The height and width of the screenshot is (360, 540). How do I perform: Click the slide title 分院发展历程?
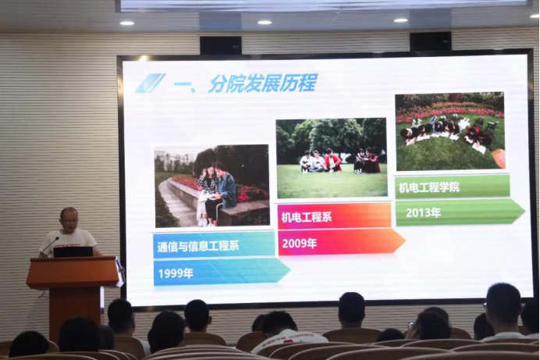click(262, 84)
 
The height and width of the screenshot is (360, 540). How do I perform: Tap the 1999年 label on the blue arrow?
click(176, 273)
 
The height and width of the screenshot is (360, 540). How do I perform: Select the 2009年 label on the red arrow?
click(300, 244)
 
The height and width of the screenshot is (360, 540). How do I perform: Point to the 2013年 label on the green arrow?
click(423, 212)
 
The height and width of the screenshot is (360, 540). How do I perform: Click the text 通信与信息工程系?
click(198, 246)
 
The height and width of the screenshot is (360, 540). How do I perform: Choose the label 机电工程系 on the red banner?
click(307, 217)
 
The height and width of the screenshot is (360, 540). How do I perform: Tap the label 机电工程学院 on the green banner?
click(429, 187)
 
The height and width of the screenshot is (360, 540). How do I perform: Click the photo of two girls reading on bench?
click(211, 186)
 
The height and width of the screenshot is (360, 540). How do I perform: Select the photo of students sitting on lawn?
click(332, 158)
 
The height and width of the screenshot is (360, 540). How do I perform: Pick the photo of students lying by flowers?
click(450, 132)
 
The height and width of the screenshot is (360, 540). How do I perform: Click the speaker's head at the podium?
click(69, 219)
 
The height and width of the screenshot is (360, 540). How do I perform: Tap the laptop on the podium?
click(73, 251)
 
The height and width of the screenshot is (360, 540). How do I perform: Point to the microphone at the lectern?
click(51, 245)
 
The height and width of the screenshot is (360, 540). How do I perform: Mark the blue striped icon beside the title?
click(150, 84)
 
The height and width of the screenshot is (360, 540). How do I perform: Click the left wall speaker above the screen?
click(221, 45)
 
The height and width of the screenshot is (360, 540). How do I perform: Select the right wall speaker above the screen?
click(431, 41)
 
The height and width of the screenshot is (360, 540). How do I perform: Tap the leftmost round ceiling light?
click(127, 23)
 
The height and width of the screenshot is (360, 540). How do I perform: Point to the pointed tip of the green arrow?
click(525, 210)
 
